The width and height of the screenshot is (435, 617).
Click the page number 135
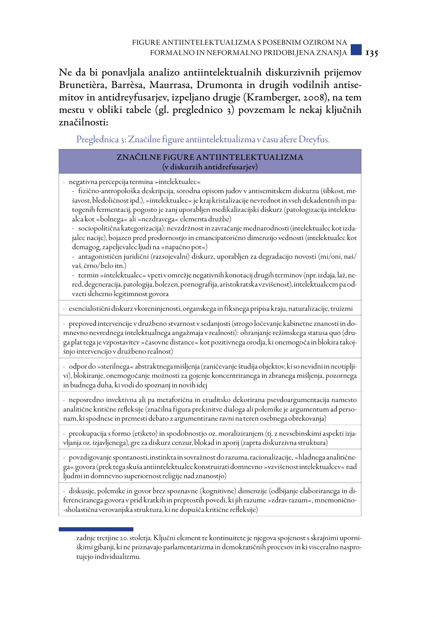[x=371, y=53]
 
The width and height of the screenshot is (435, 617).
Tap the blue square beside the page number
[x=356, y=49]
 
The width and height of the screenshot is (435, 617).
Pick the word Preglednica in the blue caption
[x=97, y=140]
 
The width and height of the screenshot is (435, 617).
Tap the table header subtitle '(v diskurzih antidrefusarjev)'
[x=210, y=167]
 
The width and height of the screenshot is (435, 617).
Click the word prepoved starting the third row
[x=82, y=324]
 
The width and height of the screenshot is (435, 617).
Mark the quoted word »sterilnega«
[x=118, y=366]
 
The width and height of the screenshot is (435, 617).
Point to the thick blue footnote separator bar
[x=96, y=529]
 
